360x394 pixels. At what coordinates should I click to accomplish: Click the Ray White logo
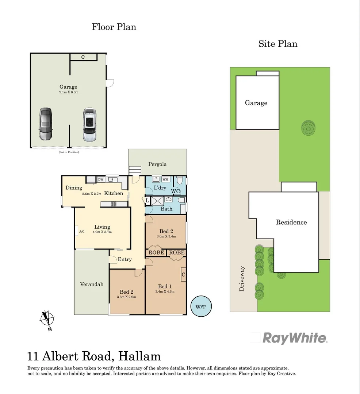coord(295,338)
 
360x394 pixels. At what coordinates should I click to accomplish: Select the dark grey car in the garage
coord(46,124)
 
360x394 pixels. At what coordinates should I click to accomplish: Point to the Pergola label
coord(157,164)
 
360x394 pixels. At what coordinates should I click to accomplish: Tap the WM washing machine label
coord(165,179)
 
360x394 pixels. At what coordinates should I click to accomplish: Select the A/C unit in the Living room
coord(82,231)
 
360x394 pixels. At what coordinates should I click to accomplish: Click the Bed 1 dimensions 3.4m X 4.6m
coord(165,291)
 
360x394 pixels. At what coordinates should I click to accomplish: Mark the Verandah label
coord(92,284)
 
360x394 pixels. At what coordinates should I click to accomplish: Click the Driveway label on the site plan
coord(241,278)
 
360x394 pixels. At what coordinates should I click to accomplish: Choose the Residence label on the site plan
coord(291,222)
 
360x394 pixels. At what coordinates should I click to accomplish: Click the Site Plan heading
coord(277,44)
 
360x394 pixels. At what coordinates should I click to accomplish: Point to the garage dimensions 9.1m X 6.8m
coord(69,92)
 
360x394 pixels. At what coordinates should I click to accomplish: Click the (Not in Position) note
coord(69,152)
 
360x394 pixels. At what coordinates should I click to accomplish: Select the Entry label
coord(125,259)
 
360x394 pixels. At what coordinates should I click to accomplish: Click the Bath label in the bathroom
coord(166,209)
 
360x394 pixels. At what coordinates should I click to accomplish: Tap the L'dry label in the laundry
coord(160,188)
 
